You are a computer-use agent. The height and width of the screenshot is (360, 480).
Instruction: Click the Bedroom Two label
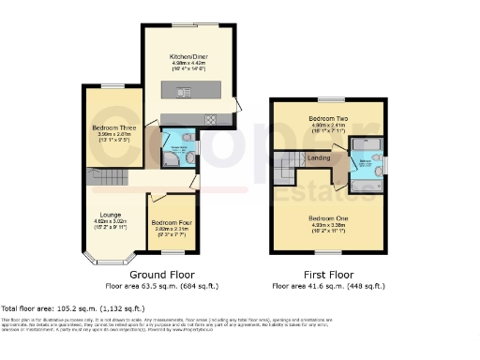coord(328,119)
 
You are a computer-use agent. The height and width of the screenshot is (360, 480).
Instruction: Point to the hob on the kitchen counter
coord(211,118)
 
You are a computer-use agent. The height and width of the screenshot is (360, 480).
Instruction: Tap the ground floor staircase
coord(99,178)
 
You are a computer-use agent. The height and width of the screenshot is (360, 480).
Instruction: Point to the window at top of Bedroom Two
coord(329,98)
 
